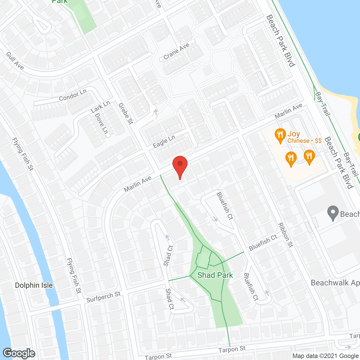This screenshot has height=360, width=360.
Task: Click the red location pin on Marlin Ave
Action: [180, 166]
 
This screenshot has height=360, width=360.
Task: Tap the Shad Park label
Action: [215, 275]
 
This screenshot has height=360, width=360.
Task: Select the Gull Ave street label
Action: [15, 60]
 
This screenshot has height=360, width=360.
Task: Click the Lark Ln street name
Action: [100, 107]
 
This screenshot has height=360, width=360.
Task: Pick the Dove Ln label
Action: [101, 123]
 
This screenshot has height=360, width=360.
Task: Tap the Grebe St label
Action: [126, 113]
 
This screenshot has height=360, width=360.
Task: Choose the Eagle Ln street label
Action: [164, 141]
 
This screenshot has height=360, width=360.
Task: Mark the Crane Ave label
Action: [176, 51]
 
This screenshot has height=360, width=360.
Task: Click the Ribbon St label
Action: [285, 235]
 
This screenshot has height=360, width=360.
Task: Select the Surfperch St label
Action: [103, 297]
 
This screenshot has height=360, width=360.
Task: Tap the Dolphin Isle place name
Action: [34, 285]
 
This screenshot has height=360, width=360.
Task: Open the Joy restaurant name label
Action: [294, 134]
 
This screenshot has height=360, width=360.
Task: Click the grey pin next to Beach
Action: [333, 213]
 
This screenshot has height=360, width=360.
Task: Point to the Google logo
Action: [19, 353]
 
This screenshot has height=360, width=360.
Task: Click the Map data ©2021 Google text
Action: [325, 356]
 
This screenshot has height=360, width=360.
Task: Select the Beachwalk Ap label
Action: [335, 283]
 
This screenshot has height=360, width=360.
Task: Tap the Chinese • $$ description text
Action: [304, 141]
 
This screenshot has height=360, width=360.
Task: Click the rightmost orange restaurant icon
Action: [309, 157]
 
